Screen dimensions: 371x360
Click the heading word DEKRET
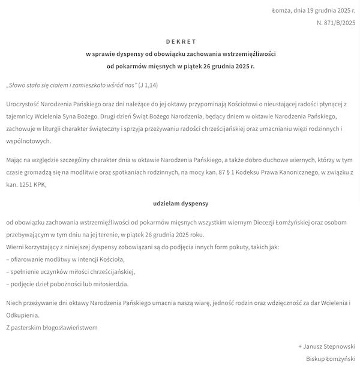coord(181,41)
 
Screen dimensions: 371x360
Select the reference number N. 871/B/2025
coord(336,23)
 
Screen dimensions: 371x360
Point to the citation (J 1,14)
coord(148,85)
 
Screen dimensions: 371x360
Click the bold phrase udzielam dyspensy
coord(181,204)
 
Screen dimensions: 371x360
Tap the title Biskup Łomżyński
coord(331,359)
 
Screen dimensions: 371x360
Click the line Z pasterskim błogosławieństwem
coord(52,328)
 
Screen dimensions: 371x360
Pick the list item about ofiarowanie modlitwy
coord(65,259)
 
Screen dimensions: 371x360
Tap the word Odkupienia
coord(22,315)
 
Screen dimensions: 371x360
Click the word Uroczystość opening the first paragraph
coord(26,104)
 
